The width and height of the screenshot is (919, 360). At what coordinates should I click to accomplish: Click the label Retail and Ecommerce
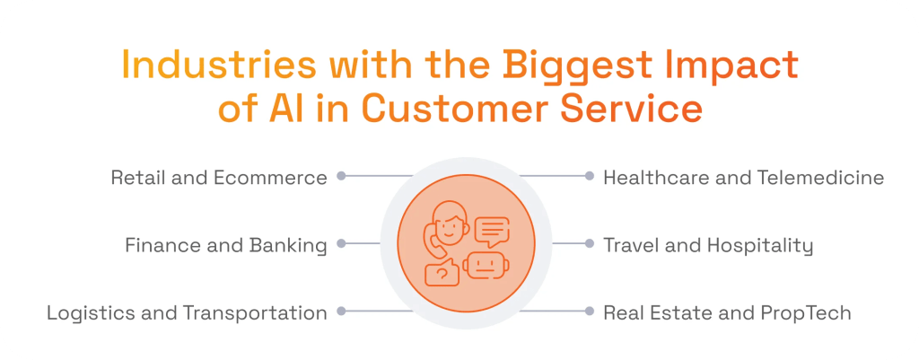pos(219,178)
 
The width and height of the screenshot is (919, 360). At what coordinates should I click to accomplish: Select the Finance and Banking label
pos(225,245)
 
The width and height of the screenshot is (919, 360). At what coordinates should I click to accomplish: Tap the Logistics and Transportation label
pos(187,312)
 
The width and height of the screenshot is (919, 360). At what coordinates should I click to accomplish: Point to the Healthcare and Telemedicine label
pos(743,178)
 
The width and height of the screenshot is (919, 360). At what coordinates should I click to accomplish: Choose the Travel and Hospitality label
pos(707,245)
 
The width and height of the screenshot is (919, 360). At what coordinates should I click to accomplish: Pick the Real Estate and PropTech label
pos(727,312)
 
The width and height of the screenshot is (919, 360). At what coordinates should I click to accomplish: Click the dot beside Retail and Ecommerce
pos(341,177)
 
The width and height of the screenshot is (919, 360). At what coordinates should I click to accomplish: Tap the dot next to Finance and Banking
pos(341,243)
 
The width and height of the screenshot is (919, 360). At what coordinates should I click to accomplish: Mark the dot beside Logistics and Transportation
pos(341,312)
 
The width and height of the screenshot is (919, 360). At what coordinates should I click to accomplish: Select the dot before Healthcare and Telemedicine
pos(589,177)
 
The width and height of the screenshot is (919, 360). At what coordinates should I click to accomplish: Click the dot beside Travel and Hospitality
pos(589,243)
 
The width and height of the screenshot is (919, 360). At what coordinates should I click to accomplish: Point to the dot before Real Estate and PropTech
pos(589,312)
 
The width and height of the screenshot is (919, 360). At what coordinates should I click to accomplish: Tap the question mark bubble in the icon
pos(441,273)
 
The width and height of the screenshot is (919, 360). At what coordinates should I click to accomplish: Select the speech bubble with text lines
pos(491,232)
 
